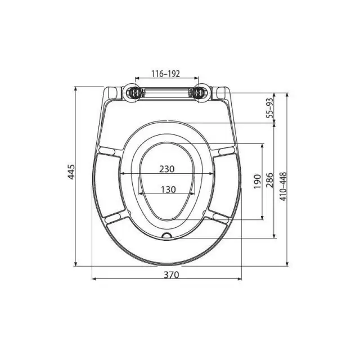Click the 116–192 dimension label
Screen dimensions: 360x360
click(x=165, y=74)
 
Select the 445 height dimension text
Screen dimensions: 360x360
click(x=71, y=172)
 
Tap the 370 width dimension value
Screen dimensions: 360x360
click(x=171, y=274)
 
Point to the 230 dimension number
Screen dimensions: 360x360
click(x=167, y=169)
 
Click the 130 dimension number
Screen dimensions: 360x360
click(x=168, y=190)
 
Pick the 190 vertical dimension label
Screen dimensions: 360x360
click(x=258, y=182)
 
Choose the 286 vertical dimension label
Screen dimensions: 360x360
click(x=270, y=180)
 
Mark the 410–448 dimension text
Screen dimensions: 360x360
click(x=283, y=186)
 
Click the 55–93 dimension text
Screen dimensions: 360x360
click(x=270, y=108)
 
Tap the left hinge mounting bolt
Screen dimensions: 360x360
click(x=134, y=93)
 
